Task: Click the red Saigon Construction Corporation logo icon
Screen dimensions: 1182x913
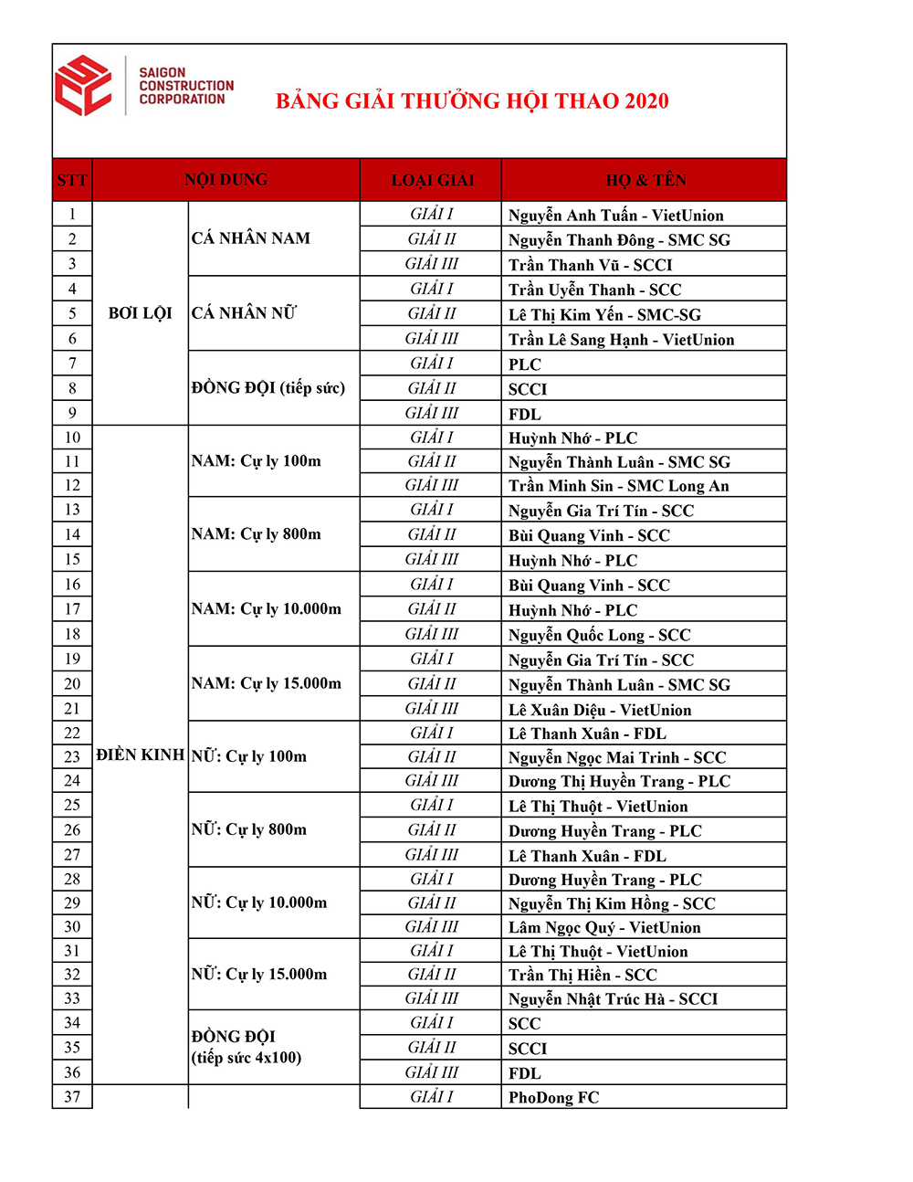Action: (x=83, y=86)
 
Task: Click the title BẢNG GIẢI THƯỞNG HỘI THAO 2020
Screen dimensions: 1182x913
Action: (x=472, y=101)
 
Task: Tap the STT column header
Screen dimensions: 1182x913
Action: (x=72, y=180)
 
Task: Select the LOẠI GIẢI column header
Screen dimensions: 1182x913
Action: (x=432, y=180)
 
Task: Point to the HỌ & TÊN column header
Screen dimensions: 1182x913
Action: (x=645, y=180)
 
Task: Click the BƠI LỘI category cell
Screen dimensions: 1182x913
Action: (x=141, y=313)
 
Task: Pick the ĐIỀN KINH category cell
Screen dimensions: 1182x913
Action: (x=141, y=755)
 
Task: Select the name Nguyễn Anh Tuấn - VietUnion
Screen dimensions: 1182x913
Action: (x=615, y=216)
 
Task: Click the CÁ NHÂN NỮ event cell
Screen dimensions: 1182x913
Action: (x=244, y=313)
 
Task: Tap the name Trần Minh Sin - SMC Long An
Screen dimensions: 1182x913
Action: (x=618, y=486)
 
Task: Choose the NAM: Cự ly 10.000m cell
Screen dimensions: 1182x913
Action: (x=267, y=609)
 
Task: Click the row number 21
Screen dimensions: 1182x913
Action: (x=72, y=709)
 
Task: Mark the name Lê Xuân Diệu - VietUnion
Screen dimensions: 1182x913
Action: (x=599, y=710)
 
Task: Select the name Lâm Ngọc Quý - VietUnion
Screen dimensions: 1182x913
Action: (x=604, y=928)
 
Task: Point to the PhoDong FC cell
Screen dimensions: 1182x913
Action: (x=553, y=1098)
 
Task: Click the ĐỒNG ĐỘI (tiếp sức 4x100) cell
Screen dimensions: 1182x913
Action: (x=247, y=1047)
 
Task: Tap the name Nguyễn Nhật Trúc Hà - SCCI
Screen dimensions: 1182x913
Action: (x=613, y=999)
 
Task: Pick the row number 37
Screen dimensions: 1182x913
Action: (x=72, y=1097)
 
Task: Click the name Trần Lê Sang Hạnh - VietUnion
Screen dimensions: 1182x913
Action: (x=621, y=340)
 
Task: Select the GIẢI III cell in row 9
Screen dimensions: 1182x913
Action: (x=432, y=413)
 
